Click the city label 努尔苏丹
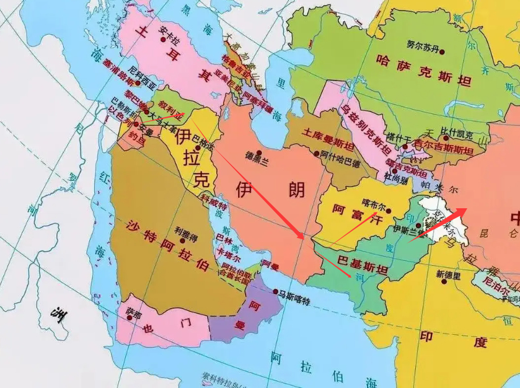[x=423, y=46]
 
